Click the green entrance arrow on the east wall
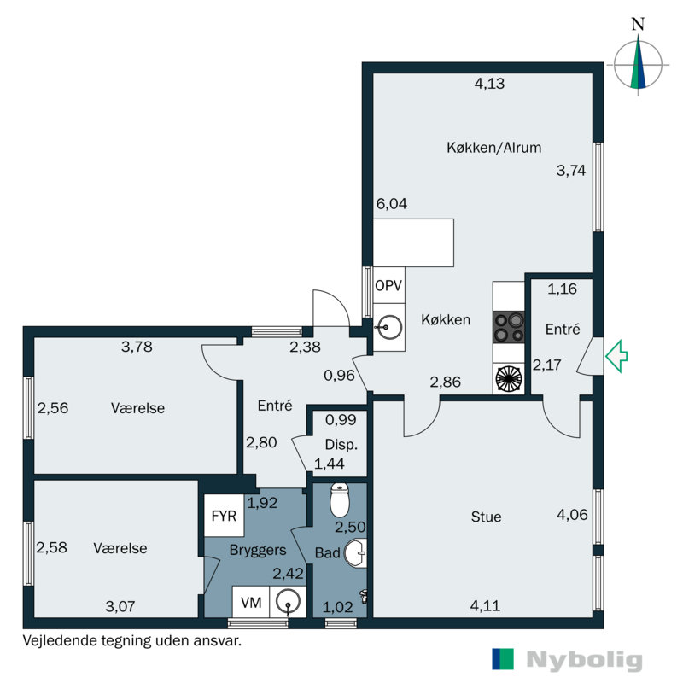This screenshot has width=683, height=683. [616, 356]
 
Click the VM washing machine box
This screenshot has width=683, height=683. [250, 601]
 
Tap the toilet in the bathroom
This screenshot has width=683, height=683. [340, 499]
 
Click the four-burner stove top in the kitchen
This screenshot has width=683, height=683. [509, 324]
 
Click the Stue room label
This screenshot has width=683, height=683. [486, 517]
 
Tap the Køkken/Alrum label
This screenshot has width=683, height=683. [493, 147]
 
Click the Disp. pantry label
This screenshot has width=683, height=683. [341, 444]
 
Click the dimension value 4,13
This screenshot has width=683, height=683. [490, 84]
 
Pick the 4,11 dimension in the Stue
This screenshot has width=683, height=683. [484, 607]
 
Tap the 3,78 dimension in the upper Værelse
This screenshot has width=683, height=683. [137, 347]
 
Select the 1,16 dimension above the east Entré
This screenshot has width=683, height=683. [562, 289]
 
